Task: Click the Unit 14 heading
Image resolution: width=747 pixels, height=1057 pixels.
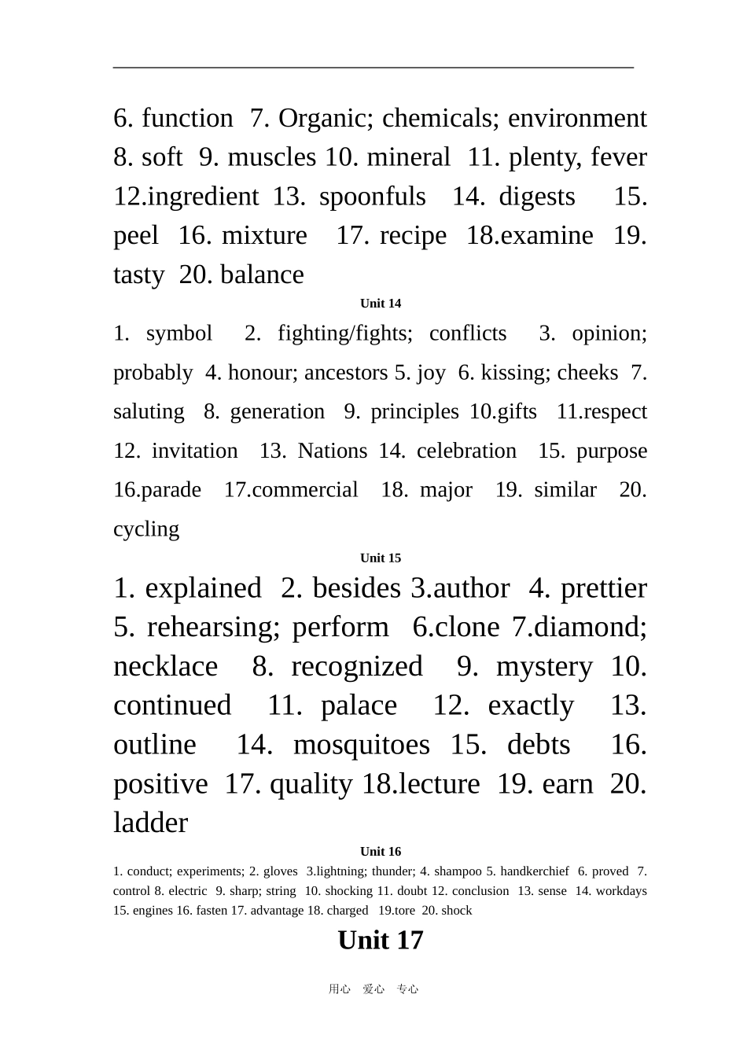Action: (x=381, y=304)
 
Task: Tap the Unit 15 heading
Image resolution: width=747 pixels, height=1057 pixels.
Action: (x=381, y=558)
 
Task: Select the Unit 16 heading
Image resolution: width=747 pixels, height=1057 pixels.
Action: (x=381, y=852)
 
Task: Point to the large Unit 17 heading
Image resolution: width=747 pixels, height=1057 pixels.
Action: (x=381, y=941)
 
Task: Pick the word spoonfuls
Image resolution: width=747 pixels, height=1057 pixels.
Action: (x=372, y=197)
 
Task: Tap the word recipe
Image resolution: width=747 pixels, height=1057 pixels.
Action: (x=413, y=236)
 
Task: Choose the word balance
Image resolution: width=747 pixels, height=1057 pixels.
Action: (x=262, y=275)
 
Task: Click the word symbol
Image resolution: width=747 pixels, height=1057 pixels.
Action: (x=179, y=333)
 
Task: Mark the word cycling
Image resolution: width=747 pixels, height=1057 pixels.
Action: (x=146, y=529)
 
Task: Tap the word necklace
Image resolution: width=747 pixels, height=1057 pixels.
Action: (x=165, y=667)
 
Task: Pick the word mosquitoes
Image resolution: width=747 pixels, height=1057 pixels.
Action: (x=362, y=745)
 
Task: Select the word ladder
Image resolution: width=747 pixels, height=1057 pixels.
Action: (x=150, y=823)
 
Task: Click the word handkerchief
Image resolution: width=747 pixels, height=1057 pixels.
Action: (x=534, y=871)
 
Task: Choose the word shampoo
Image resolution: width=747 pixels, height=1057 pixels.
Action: (x=458, y=871)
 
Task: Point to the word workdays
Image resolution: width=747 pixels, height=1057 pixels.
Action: (x=621, y=891)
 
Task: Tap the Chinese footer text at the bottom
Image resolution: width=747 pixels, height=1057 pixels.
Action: (x=373, y=989)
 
